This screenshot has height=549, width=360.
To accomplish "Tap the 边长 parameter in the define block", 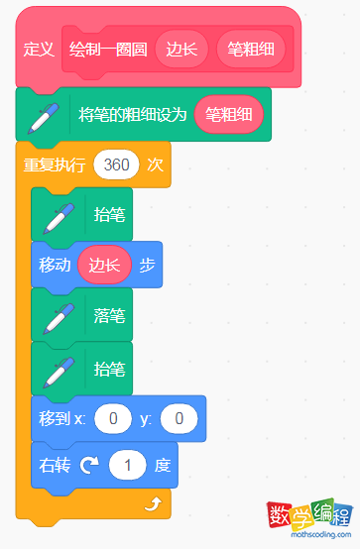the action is coord(181,49).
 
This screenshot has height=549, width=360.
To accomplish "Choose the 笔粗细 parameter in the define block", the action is coord(251,49).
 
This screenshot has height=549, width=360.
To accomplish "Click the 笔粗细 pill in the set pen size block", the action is coord(229,115).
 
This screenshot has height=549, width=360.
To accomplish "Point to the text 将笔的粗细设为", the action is coord(132,115).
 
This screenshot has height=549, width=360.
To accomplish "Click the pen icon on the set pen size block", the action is coord(43,116).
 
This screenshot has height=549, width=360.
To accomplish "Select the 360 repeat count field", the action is coord(116,165).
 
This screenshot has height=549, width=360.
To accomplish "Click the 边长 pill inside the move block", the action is coord(104,266).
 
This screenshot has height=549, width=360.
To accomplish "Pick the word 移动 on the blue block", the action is coord(56,266).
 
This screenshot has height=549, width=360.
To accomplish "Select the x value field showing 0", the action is coord(113,419).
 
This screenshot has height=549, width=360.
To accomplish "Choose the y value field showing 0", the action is coord(179,419).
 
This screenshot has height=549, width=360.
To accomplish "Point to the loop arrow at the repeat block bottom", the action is coord(152,503).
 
